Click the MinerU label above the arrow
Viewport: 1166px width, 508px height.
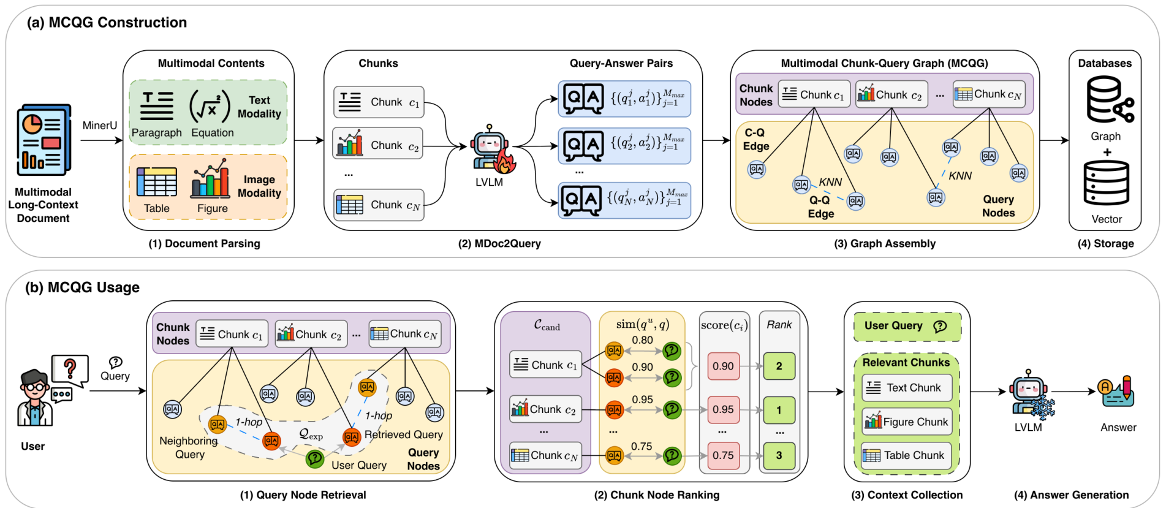point(99,126)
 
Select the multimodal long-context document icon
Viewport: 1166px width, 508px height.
point(44,141)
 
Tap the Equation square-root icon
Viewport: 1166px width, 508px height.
point(210,106)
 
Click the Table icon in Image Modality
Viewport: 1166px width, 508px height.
point(156,183)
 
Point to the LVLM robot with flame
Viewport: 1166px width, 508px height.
point(491,150)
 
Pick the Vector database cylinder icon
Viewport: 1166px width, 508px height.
point(1106,183)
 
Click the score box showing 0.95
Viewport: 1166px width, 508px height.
point(723,409)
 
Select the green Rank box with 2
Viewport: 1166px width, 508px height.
point(779,366)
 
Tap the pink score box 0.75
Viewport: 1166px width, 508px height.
point(723,455)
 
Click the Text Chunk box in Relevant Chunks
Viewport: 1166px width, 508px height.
point(906,388)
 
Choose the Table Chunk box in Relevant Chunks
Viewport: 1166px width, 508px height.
point(906,455)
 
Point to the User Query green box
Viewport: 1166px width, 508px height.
point(907,326)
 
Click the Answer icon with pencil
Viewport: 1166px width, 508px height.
point(1118,393)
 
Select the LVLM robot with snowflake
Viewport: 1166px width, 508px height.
point(1031,395)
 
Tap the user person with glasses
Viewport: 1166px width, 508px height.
point(34,398)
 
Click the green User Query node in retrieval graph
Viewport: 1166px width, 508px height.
point(314,458)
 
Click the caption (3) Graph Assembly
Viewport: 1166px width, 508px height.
point(884,244)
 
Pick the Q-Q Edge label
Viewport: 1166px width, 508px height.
point(820,207)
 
